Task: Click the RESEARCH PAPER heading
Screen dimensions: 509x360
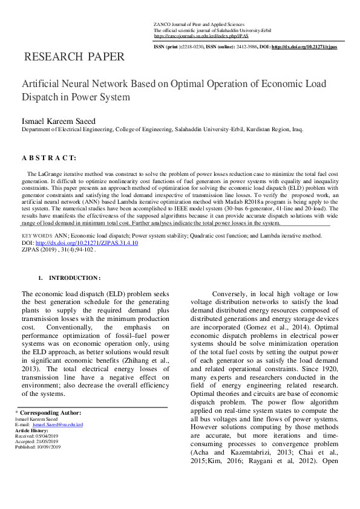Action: (74, 57)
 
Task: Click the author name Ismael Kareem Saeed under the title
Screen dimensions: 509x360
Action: (59, 121)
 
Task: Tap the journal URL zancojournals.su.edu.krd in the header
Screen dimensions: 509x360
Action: (192, 36)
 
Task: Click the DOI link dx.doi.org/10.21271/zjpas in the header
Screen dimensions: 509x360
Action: (304, 47)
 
